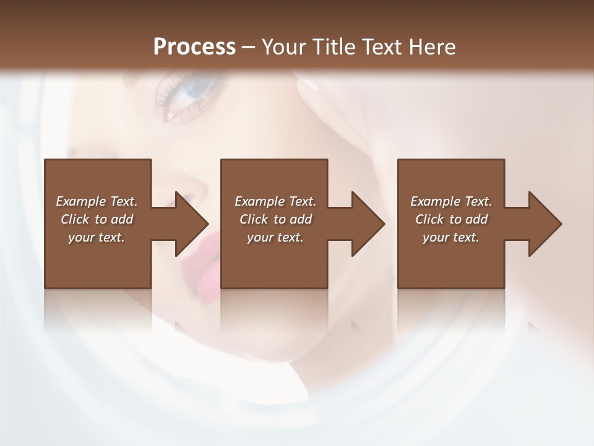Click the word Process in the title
click(194, 46)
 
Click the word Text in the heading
click(378, 46)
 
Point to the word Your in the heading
click(284, 46)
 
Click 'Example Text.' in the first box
click(97, 201)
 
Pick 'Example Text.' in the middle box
click(275, 201)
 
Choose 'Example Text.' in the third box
click(451, 201)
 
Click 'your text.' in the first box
click(97, 237)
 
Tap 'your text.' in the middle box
click(275, 237)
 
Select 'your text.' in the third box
click(451, 237)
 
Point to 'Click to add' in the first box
click(97, 219)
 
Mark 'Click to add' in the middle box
click(275, 219)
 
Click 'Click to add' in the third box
click(451, 219)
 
